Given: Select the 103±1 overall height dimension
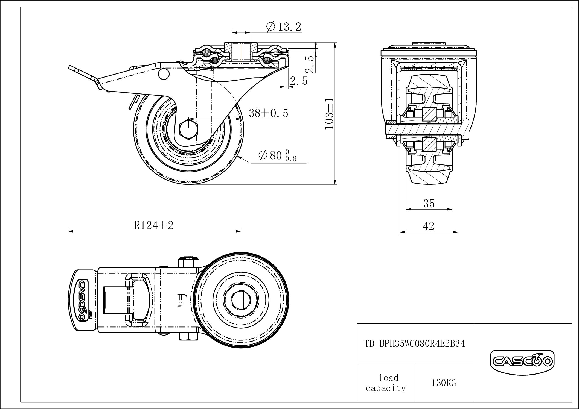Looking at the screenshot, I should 329,113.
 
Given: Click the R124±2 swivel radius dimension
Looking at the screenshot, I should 154,226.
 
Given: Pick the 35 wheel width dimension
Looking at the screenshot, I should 429,204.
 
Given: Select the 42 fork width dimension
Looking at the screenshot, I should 429,226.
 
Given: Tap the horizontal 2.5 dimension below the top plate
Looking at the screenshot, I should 299,81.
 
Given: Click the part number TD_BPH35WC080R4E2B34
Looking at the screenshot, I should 415,343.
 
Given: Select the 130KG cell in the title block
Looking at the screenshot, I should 444,383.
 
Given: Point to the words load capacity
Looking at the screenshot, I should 386,383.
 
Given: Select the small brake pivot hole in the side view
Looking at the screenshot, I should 164,74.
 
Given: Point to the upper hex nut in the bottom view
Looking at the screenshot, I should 188,263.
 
